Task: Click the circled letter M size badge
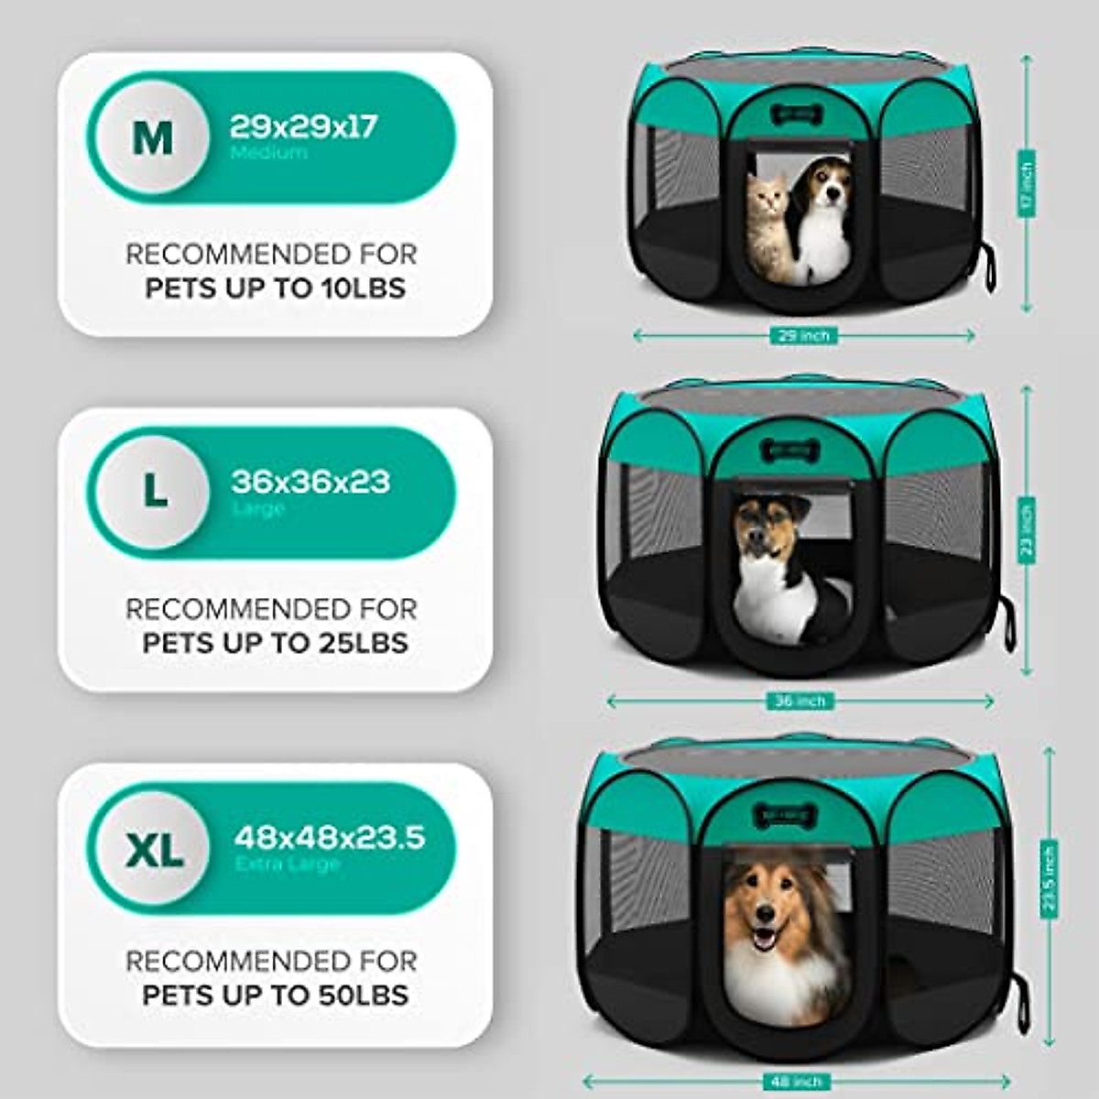pyautogui.click(x=152, y=138)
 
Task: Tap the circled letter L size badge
pyautogui.click(x=155, y=493)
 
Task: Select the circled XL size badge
pyautogui.click(x=154, y=849)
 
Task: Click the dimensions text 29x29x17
pyautogui.click(x=303, y=126)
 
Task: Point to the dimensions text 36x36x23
pyautogui.click(x=310, y=481)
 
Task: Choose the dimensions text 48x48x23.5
pyautogui.click(x=330, y=837)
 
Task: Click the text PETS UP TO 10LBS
pyautogui.click(x=275, y=288)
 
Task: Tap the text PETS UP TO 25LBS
pyautogui.click(x=275, y=643)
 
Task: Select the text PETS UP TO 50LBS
pyautogui.click(x=275, y=995)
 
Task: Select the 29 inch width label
pyautogui.click(x=803, y=336)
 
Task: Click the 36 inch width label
pyautogui.click(x=800, y=702)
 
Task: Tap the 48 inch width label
pyautogui.click(x=796, y=1083)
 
